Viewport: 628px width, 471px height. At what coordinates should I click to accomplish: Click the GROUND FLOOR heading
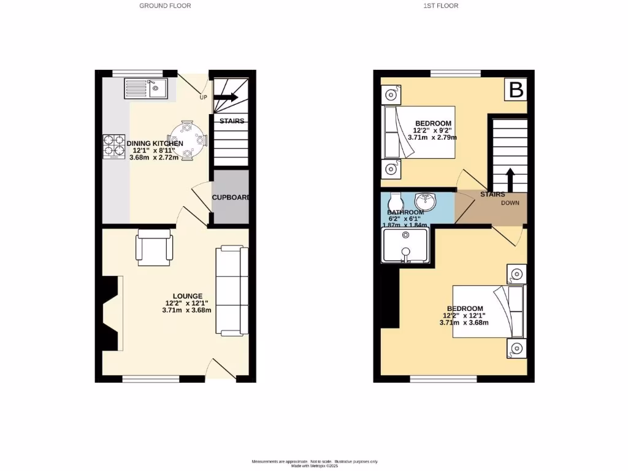(165, 6)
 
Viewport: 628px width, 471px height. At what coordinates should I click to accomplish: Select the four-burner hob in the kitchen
(114, 147)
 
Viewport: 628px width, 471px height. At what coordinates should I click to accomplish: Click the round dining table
(188, 139)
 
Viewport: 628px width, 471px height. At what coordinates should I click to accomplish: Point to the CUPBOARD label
(231, 197)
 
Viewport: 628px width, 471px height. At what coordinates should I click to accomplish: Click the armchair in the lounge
(155, 247)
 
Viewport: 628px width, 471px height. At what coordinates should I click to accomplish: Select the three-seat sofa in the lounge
(233, 291)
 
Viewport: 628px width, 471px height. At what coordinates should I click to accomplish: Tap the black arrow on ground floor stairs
(226, 97)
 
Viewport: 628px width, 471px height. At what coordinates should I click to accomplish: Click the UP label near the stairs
(202, 98)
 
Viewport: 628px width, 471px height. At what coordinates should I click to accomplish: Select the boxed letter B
(516, 90)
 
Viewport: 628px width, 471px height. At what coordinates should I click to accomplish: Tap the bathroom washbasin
(425, 201)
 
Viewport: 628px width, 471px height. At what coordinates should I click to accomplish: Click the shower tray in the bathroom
(404, 245)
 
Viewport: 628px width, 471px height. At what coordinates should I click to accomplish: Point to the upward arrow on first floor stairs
(510, 180)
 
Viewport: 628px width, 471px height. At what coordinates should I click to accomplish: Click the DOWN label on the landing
(510, 203)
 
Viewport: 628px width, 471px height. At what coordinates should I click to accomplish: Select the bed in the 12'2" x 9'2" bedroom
(419, 132)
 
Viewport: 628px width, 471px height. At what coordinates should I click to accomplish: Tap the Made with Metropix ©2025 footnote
(315, 465)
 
